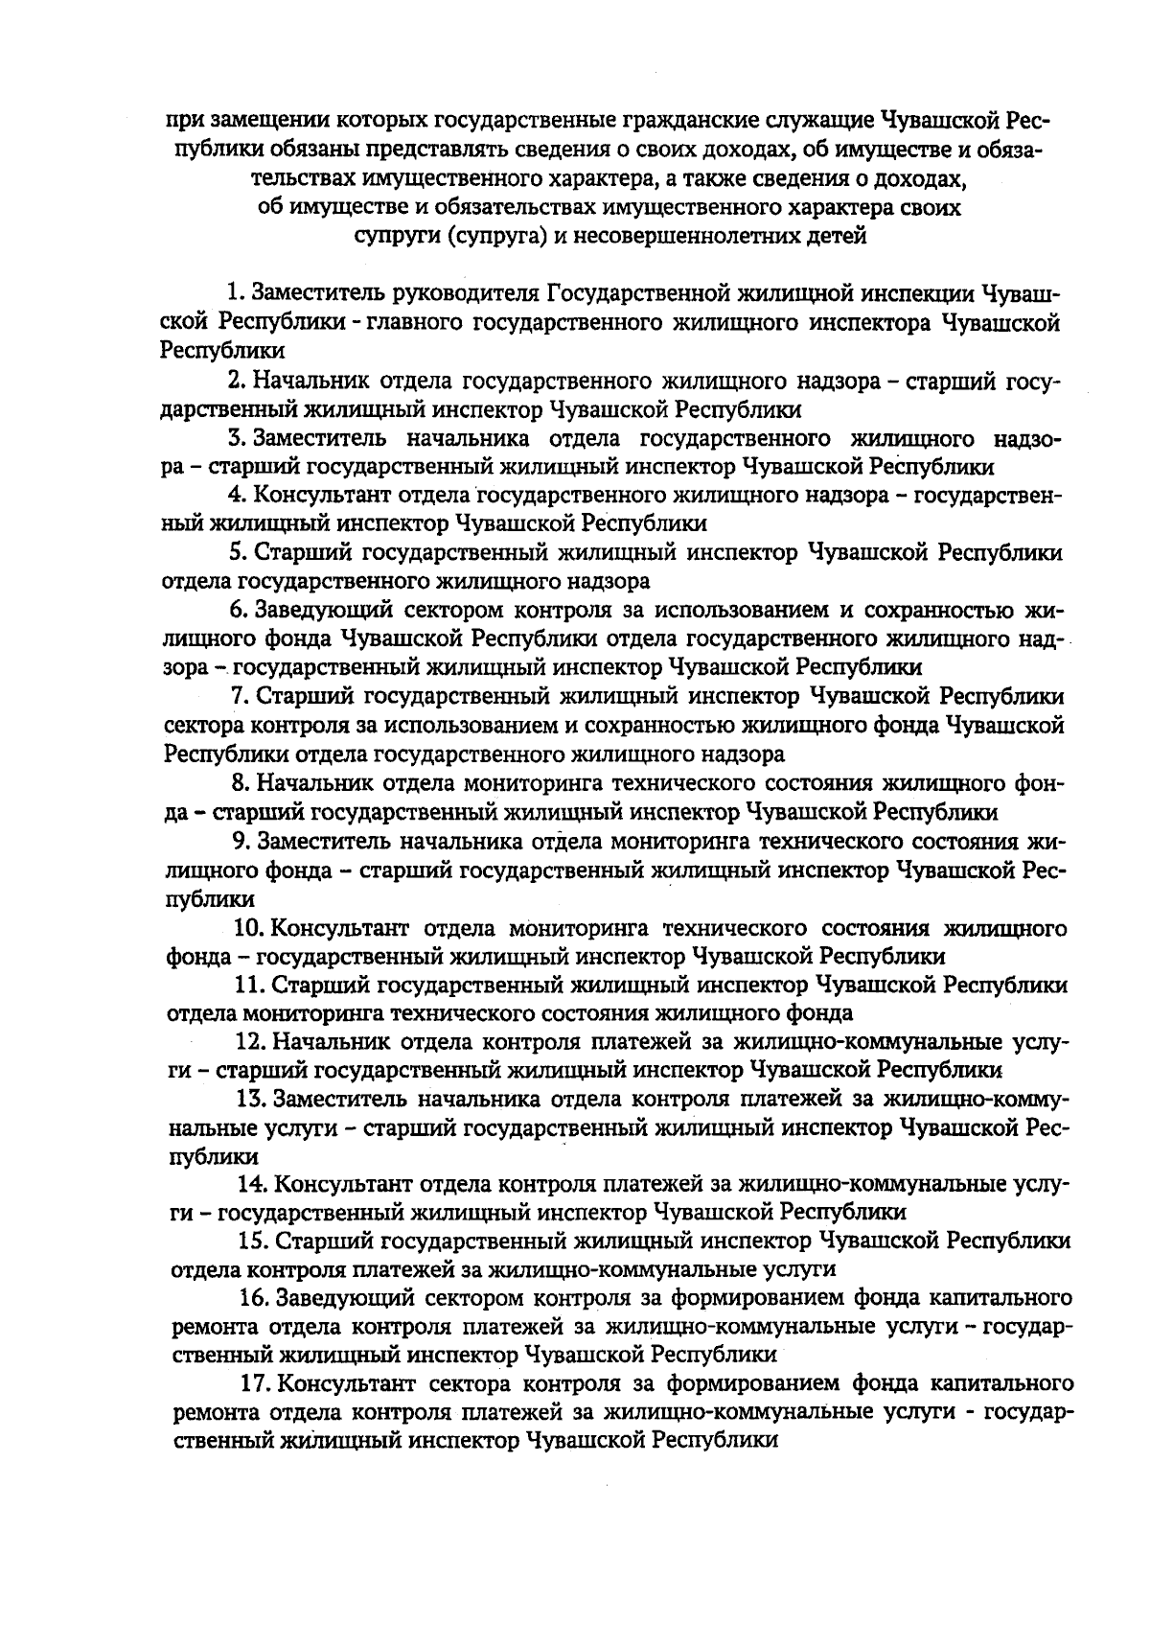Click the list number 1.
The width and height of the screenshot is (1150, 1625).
[233, 292]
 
